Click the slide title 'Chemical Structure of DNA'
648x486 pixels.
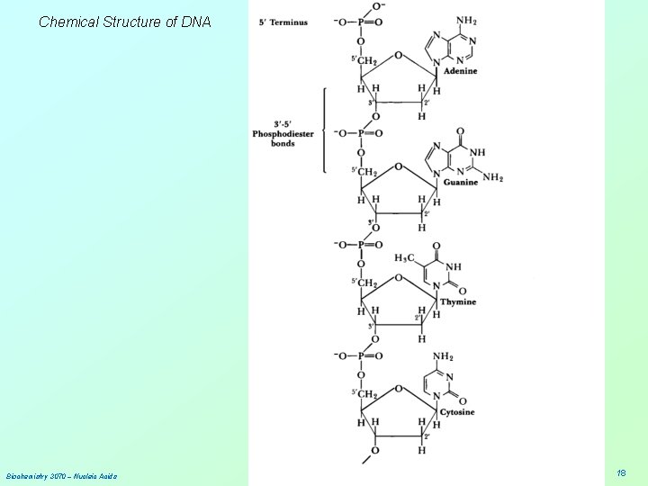[x=124, y=22]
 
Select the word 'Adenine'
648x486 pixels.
[x=460, y=71]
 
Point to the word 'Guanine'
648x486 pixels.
[x=461, y=182]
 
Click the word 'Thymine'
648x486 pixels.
[x=458, y=301]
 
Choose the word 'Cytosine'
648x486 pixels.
[x=457, y=412]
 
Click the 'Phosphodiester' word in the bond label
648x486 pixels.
[x=283, y=134]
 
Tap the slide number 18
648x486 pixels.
[x=621, y=472]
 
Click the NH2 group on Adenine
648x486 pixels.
[x=467, y=21]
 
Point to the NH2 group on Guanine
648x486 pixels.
[x=492, y=177]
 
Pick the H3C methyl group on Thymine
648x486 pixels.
[x=406, y=257]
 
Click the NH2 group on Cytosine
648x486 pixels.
[x=444, y=356]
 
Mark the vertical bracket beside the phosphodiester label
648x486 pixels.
[x=324, y=130]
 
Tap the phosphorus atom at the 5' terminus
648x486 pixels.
[x=360, y=22]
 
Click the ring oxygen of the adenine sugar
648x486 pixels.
[x=398, y=56]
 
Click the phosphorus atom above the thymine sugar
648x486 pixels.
[x=360, y=245]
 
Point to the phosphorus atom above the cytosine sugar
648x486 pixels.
[x=360, y=355]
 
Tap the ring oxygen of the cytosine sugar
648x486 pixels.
[x=398, y=390]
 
